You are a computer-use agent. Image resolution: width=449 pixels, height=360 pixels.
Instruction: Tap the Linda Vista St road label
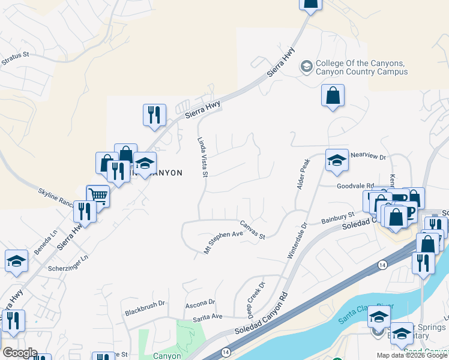[x=202, y=155]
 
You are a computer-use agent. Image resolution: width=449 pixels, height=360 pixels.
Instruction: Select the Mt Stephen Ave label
[x=223, y=242]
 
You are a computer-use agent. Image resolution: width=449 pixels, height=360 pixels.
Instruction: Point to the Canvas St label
[x=253, y=230]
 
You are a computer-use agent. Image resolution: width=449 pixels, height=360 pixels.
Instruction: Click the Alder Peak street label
[x=304, y=174]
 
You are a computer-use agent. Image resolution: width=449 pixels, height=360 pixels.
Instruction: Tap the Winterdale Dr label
[x=297, y=240]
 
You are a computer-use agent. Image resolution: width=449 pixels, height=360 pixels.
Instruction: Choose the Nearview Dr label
[x=369, y=155]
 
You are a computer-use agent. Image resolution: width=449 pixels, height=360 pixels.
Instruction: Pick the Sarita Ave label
[x=208, y=316]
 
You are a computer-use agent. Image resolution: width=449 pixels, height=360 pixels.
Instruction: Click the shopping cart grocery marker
[x=98, y=195]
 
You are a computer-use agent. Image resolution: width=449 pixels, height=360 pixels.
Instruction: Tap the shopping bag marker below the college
[x=333, y=95]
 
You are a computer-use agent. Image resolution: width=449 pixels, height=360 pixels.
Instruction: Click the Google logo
[x=19, y=353]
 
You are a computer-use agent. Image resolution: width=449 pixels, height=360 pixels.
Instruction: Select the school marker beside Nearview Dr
[x=337, y=160]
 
